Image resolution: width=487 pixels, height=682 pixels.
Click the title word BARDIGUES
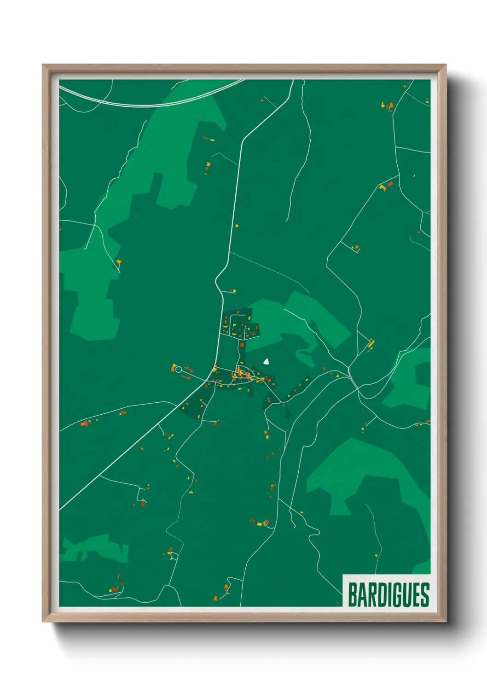pos(388,594)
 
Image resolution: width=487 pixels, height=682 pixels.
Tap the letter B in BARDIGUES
pos(352,594)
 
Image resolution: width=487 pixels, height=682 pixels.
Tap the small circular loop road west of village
pos(179,370)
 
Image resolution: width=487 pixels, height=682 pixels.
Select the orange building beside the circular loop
pos(174,367)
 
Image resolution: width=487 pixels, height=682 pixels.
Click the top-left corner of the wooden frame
pos(43,65)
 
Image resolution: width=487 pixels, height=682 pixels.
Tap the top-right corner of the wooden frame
pos(446,65)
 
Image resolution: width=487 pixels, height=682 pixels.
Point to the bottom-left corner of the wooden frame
pos(43,621)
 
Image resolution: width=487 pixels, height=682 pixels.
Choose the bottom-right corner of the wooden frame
pos(446,621)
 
